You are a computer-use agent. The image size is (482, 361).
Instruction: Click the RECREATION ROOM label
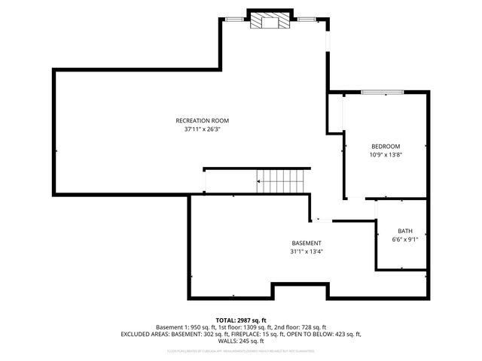(x=202, y=120)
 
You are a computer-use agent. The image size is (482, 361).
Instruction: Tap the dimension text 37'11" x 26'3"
(x=202, y=129)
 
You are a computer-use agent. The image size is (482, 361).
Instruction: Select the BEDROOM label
(x=385, y=146)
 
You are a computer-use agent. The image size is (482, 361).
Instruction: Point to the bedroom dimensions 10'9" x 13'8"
(x=385, y=154)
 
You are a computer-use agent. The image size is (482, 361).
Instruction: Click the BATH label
(x=405, y=231)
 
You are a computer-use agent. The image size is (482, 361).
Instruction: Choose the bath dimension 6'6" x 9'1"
(x=405, y=239)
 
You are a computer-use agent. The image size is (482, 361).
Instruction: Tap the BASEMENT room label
(x=307, y=243)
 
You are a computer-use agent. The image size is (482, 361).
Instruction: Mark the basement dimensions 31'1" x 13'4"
(x=307, y=251)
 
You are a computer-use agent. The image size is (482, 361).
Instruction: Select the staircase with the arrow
(x=281, y=180)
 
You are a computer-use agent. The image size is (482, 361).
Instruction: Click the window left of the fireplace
(x=236, y=17)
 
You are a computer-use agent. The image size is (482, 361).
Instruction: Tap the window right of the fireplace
(x=306, y=17)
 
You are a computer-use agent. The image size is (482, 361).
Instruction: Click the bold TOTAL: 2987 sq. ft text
(x=241, y=320)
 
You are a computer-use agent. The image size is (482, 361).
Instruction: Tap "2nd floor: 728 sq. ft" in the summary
(x=299, y=327)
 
